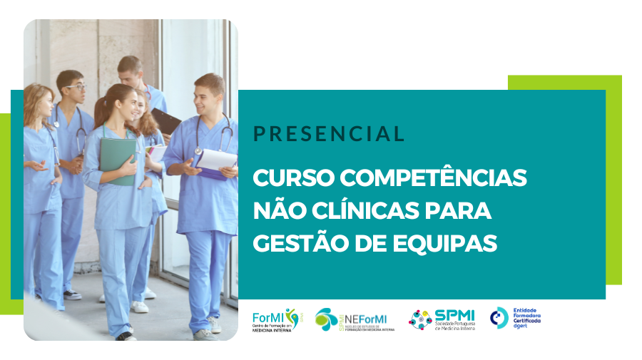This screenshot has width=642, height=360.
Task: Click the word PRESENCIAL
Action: click(x=329, y=133)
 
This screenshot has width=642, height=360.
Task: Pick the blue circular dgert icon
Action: click(x=499, y=318)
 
